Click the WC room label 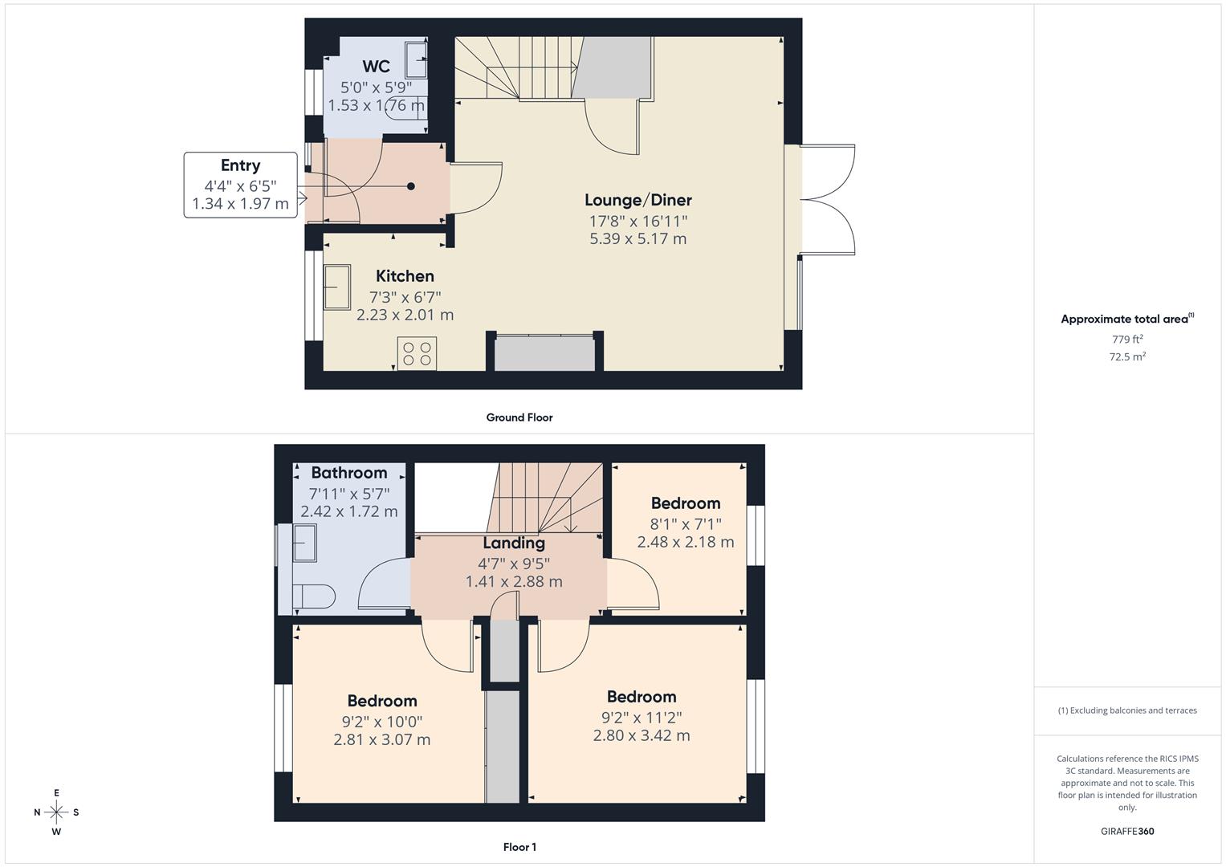[x=376, y=66]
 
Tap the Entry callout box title [x=240, y=165]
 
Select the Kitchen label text [x=405, y=276]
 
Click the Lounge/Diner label [x=638, y=201]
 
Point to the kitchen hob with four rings [x=417, y=353]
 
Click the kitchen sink [x=337, y=287]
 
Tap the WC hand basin [x=416, y=59]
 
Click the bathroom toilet [x=314, y=596]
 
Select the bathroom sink [x=305, y=543]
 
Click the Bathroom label [x=349, y=472]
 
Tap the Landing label [x=514, y=543]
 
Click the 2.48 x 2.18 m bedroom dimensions [x=685, y=542]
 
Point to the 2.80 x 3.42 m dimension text [x=642, y=735]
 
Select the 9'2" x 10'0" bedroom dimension [x=382, y=722]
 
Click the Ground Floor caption [x=519, y=417]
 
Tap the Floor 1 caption [x=519, y=847]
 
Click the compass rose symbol [x=56, y=812]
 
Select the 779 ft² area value [x=1127, y=340]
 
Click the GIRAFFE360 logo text [x=1127, y=832]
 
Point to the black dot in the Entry [x=411, y=186]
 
